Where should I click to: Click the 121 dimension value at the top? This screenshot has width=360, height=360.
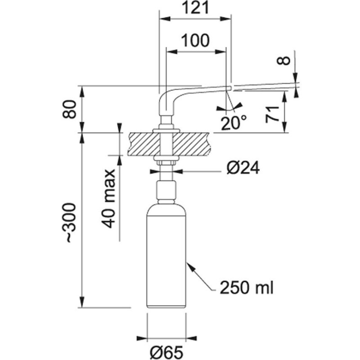click(195, 8)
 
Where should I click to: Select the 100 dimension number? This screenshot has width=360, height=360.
click(195, 40)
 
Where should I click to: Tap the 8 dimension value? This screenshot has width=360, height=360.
click(284, 61)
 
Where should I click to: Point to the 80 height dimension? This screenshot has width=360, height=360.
click(69, 109)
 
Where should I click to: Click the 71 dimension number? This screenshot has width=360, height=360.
click(272, 114)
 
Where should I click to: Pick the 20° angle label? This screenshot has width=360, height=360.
click(234, 123)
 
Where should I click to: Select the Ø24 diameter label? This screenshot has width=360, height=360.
click(243, 168)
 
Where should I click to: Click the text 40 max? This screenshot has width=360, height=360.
click(108, 198)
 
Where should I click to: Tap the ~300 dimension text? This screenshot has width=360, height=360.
click(69, 222)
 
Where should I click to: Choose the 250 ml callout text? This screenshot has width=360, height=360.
click(247, 287)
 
